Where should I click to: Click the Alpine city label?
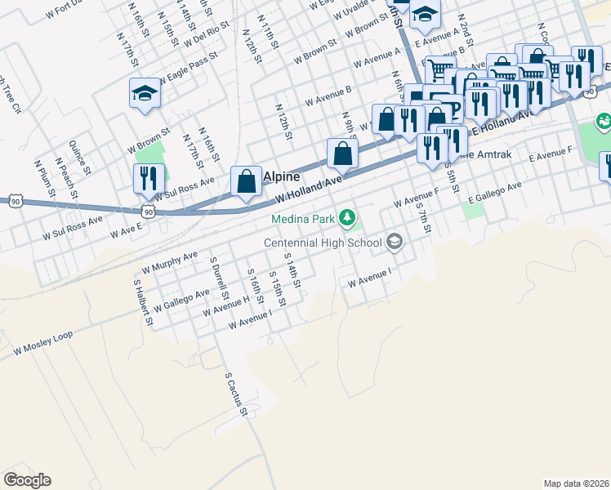(x=282, y=176)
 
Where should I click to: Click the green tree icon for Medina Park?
(x=348, y=217)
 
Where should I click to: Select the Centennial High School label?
(x=322, y=243)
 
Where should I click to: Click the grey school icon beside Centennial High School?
(x=395, y=241)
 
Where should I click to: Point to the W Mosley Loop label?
(x=42, y=342)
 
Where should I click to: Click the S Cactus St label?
(x=235, y=396)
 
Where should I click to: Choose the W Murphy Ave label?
(x=171, y=262)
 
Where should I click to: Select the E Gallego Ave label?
(x=495, y=192)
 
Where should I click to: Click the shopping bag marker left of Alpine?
(x=246, y=182)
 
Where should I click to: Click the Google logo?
(x=27, y=480)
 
